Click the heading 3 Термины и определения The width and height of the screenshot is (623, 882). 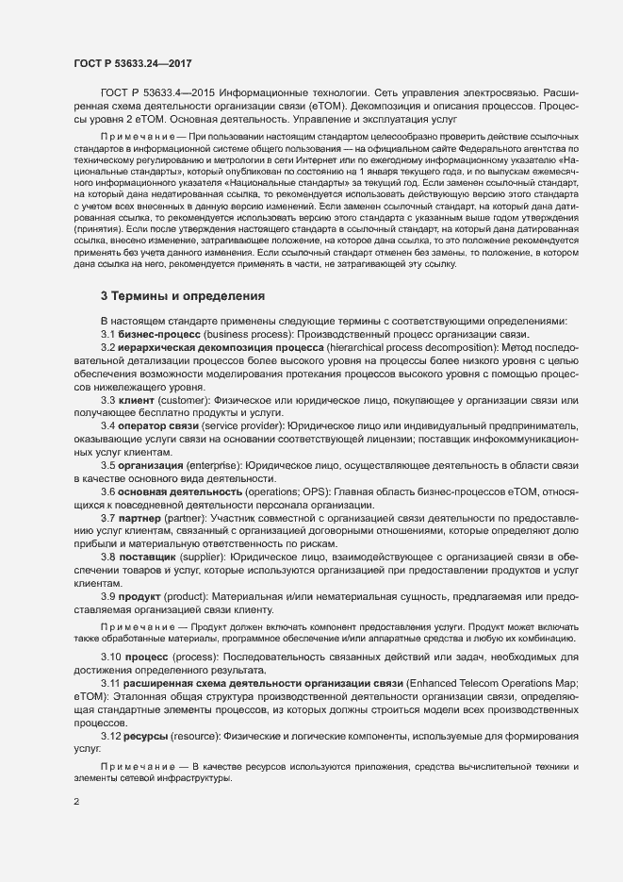click(x=183, y=295)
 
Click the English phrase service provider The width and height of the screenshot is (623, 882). click(x=247, y=427)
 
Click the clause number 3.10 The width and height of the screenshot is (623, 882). click(x=112, y=656)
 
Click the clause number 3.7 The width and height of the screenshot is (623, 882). click(x=108, y=519)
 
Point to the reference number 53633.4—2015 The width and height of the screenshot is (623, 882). click(x=176, y=92)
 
